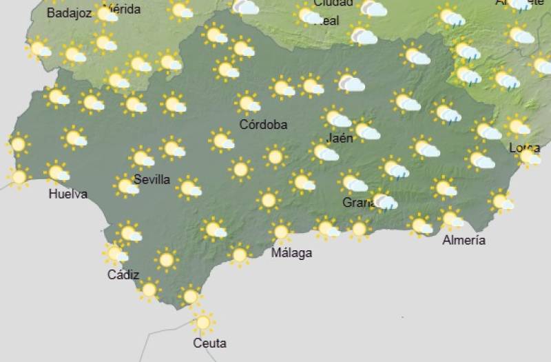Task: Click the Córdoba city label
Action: click(x=263, y=125)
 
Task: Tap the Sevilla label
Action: click(x=152, y=179)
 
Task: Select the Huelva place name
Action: click(x=68, y=194)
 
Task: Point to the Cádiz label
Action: click(x=123, y=274)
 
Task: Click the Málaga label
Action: click(x=291, y=252)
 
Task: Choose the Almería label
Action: click(x=464, y=240)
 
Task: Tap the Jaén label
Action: click(x=340, y=138)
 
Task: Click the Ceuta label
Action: click(x=210, y=343)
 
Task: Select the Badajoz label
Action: click(x=69, y=13)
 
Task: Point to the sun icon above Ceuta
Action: click(x=202, y=322)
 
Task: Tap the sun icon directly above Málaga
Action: click(x=281, y=232)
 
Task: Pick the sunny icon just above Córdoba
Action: click(x=248, y=103)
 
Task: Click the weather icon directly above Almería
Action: click(x=451, y=219)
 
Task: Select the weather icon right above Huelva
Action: click(x=57, y=172)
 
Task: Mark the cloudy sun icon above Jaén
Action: click(x=336, y=118)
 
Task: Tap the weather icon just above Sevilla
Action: click(x=142, y=158)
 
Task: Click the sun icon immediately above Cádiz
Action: click(x=116, y=254)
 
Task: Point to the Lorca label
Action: click(x=524, y=148)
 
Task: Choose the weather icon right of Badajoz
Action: click(x=106, y=14)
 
